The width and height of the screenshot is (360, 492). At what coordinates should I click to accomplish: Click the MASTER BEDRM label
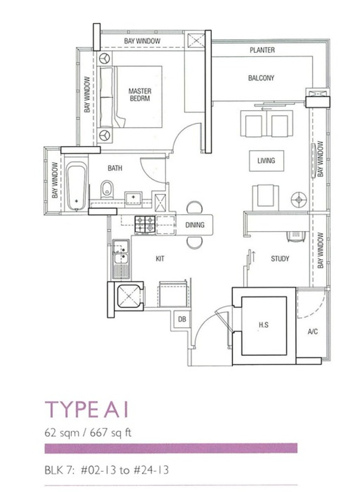coord(140,95)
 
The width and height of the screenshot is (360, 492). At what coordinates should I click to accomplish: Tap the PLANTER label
coord(262,50)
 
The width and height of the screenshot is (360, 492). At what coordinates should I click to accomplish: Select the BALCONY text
coord(261,78)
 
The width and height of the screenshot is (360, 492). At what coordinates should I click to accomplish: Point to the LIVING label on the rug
coord(266,160)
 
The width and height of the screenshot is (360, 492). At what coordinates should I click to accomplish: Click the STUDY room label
coord(280,258)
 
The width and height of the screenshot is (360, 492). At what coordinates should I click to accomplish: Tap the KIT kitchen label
coord(160,258)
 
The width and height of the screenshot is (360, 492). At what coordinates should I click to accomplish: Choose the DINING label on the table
coord(195,225)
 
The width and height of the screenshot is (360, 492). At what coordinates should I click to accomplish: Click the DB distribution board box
coord(182,319)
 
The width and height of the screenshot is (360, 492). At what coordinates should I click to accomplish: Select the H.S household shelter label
coord(264,325)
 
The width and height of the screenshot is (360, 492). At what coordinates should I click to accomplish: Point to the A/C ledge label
coord(313,331)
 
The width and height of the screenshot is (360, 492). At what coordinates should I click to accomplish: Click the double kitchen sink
coord(121,259)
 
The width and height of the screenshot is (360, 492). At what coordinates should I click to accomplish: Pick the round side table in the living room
coord(298,200)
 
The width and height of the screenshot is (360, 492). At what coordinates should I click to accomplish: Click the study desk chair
coord(296,236)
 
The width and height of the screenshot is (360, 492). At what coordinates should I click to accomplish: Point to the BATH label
coord(115,168)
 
